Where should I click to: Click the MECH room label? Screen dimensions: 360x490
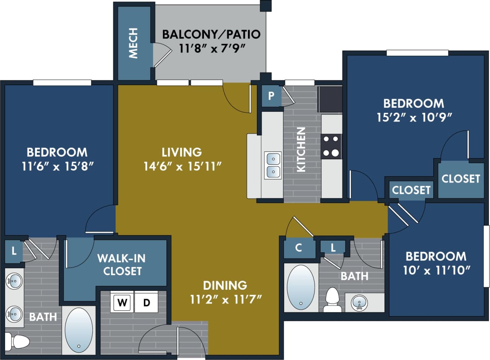133,48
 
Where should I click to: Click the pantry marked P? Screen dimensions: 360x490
271,96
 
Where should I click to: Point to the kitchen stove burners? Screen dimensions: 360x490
331,146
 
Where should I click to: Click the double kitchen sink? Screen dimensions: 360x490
273,165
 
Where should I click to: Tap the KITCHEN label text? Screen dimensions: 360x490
302,149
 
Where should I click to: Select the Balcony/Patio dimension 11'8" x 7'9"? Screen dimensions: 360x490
212,49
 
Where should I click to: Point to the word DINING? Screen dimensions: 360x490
225,285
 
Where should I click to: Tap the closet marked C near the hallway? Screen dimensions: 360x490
299,248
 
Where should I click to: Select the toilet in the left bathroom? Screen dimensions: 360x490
17,341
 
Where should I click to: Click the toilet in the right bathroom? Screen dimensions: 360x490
332,300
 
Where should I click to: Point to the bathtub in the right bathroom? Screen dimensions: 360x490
301,287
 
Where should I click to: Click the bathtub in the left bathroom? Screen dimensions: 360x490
79,330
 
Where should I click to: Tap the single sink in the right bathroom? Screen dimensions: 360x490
359,302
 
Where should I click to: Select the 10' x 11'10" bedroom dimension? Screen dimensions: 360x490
436,271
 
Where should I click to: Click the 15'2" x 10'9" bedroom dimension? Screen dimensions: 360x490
414,117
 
